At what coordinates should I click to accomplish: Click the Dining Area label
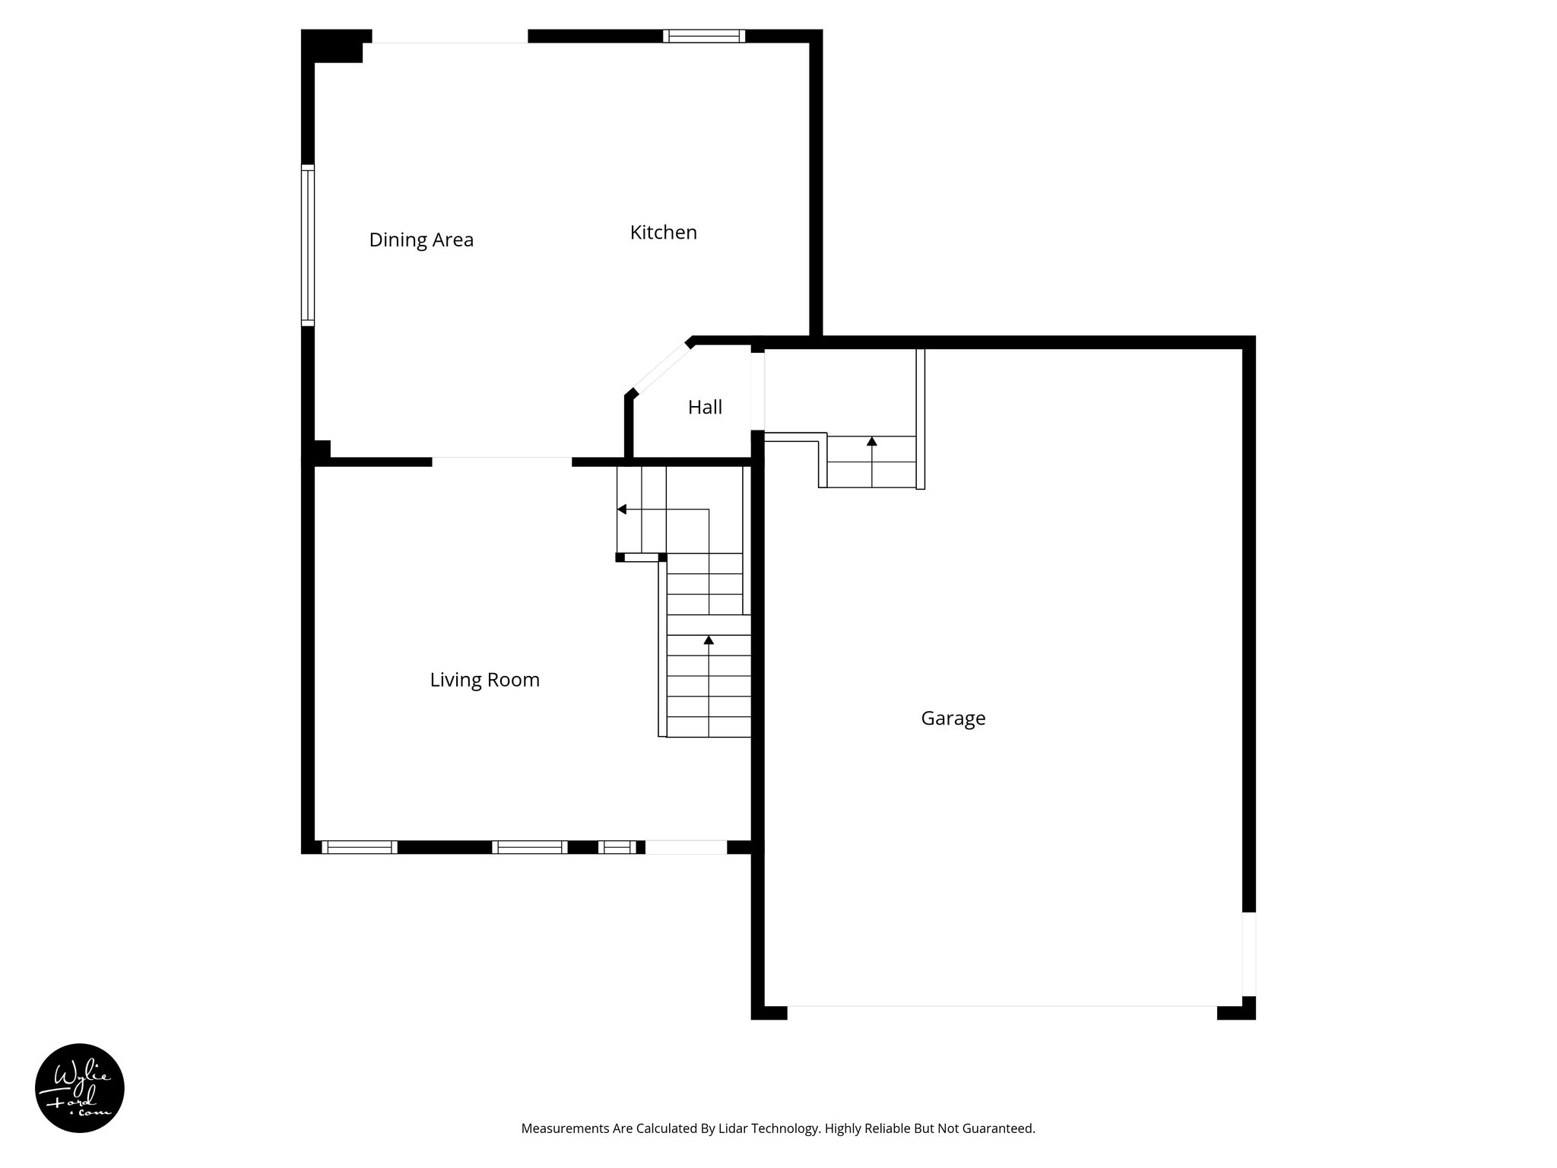[421, 240]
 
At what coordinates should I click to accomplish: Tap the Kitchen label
[663, 233]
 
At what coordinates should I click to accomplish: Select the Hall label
[705, 408]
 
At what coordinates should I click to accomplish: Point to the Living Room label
[484, 680]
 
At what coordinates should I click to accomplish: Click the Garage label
[953, 719]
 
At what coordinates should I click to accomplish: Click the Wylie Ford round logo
[80, 1088]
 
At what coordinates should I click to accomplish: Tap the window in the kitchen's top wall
[703, 36]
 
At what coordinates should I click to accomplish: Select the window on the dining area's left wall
[307, 245]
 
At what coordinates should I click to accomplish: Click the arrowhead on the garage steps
[872, 441]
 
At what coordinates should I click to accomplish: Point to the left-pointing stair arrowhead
[621, 509]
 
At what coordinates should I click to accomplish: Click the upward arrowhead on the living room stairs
[709, 640]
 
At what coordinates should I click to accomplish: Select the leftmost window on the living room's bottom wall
[359, 847]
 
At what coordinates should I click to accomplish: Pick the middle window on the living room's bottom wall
[529, 847]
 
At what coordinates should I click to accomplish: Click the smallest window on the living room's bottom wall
[617, 847]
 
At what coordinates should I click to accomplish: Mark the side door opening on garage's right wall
[1248, 954]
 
